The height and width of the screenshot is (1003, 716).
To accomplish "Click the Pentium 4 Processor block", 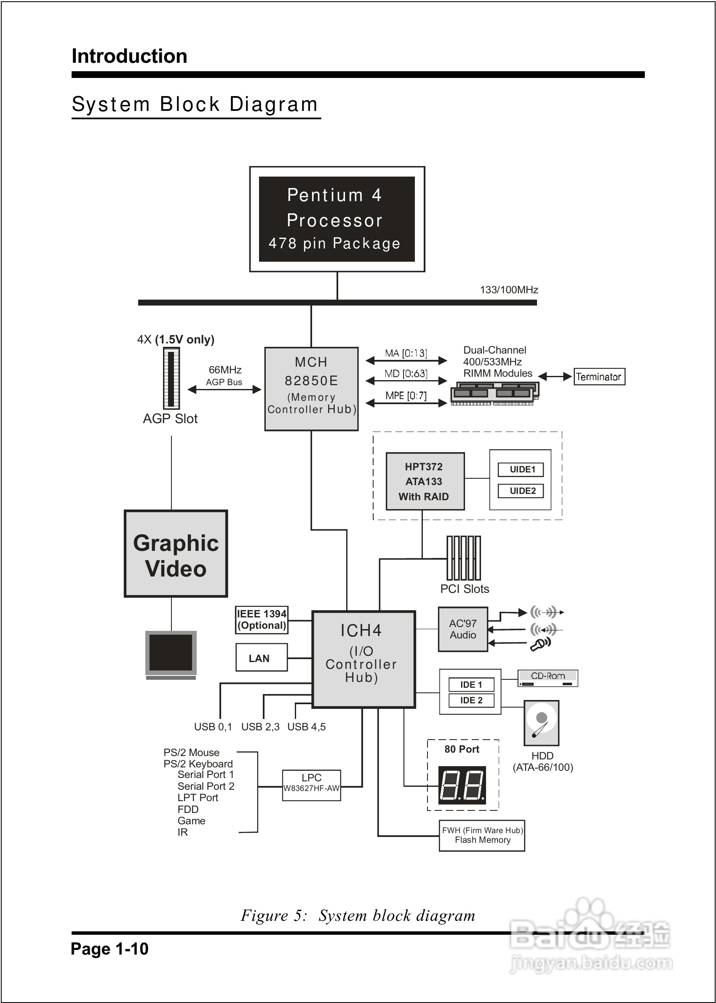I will point(337,219).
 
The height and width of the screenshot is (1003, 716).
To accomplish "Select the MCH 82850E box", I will point(311,389).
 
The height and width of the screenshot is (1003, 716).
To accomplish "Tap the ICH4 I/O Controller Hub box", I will point(363,659).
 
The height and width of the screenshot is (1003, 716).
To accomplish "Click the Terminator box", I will point(599,377).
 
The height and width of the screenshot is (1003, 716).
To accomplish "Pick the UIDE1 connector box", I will point(521,469).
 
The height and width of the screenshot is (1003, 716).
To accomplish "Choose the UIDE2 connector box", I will point(521,491).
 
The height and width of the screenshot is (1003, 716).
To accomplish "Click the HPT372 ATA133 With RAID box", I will point(425,481).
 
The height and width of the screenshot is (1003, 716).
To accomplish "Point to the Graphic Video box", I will point(176,554).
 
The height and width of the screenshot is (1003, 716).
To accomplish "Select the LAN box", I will point(262,658).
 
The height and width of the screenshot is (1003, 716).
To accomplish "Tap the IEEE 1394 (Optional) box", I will point(262,619).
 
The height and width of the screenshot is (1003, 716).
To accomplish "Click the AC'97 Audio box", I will point(462,629).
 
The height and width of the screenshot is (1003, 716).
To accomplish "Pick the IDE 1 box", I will point(471,684).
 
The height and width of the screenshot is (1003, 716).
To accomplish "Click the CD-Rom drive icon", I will point(548,678).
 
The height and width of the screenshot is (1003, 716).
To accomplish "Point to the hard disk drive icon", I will point(541,722).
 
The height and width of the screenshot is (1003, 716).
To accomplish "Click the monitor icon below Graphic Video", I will point(171,654).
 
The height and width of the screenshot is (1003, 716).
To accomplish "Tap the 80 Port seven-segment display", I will point(462,785).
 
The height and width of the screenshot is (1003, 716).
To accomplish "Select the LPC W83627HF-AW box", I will point(311,785).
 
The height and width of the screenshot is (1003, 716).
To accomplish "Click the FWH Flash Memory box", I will point(482,835).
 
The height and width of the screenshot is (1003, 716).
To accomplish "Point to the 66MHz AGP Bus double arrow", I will point(224,389).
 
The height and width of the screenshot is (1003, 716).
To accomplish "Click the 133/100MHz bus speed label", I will point(509,290).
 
